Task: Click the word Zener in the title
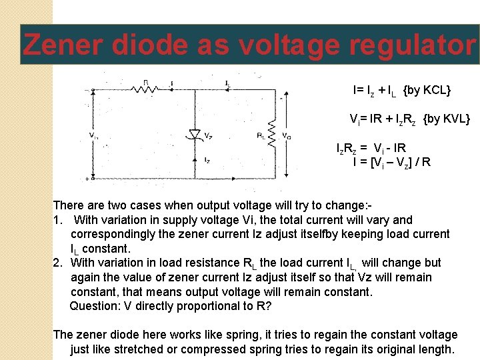(63, 45)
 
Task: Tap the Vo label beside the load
(287, 136)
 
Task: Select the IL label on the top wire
(227, 83)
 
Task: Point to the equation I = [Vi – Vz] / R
(391, 161)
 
